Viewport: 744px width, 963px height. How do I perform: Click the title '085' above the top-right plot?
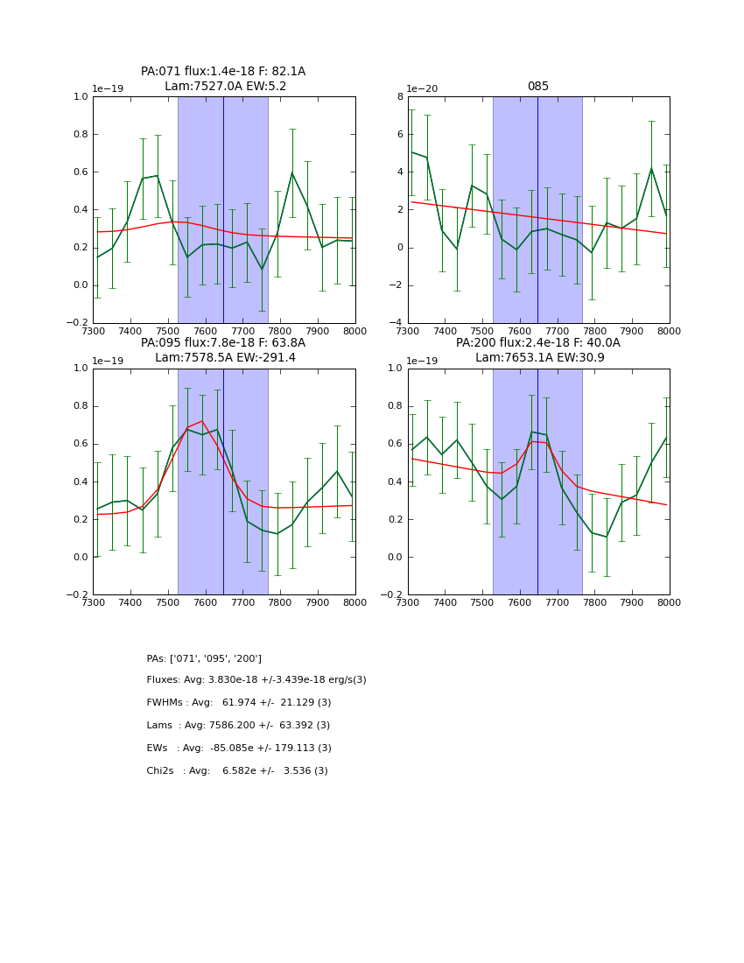[x=538, y=87]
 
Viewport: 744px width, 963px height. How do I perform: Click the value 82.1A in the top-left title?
[x=287, y=72]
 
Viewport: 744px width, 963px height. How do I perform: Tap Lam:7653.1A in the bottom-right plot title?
[x=511, y=357]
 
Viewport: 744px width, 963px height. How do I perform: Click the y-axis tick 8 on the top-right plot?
[x=399, y=97]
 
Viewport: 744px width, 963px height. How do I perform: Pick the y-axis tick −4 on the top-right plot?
[x=397, y=323]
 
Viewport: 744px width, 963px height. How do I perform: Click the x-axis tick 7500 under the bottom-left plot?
[x=168, y=602]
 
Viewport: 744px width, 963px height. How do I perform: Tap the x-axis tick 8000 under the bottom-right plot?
[x=670, y=602]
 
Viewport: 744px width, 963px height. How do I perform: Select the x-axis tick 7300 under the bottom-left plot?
[x=93, y=602]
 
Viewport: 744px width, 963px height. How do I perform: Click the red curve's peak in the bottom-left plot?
[x=202, y=421]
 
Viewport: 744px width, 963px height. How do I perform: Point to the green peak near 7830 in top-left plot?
[x=292, y=172]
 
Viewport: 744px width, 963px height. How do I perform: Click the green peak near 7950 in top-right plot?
[x=651, y=168]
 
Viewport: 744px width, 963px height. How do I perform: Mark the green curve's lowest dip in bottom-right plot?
[x=606, y=537]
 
